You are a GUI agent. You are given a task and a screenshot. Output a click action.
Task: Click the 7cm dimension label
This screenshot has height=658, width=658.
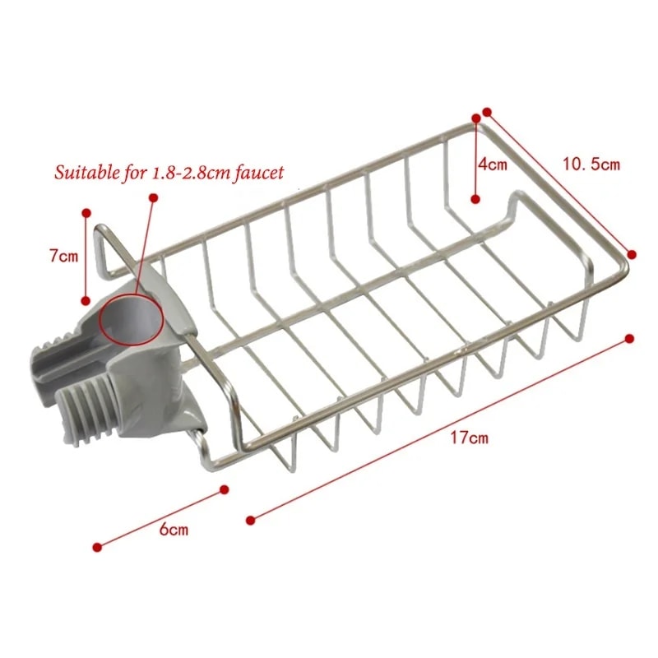pyautogui.click(x=63, y=256)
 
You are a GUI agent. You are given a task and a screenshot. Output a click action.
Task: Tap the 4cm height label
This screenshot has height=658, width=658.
pyautogui.click(x=493, y=164)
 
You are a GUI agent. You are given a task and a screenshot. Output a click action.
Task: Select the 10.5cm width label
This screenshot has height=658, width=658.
pyautogui.click(x=591, y=164)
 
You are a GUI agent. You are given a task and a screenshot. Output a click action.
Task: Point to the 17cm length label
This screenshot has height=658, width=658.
pyautogui.click(x=469, y=438)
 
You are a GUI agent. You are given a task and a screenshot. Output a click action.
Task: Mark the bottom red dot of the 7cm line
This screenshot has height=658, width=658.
pyautogui.click(x=86, y=300)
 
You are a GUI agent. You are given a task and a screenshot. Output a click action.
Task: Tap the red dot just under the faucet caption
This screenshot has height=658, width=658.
pyautogui.click(x=153, y=197)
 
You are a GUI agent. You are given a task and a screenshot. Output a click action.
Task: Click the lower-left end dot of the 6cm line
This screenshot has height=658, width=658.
pyautogui.click(x=98, y=546)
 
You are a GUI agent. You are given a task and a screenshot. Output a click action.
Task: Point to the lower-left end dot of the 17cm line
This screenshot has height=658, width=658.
pyautogui.click(x=250, y=519)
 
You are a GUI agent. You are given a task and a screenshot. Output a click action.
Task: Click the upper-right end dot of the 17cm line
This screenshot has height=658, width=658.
pyautogui.click(x=630, y=338)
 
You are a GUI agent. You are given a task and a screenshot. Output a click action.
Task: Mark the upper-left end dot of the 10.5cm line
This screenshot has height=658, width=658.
pyautogui.click(x=487, y=111)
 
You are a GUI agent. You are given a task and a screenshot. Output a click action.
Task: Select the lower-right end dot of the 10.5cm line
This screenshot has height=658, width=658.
pyautogui.click(x=632, y=254)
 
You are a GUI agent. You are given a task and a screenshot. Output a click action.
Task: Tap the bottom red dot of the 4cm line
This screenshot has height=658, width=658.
pyautogui.click(x=475, y=198)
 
